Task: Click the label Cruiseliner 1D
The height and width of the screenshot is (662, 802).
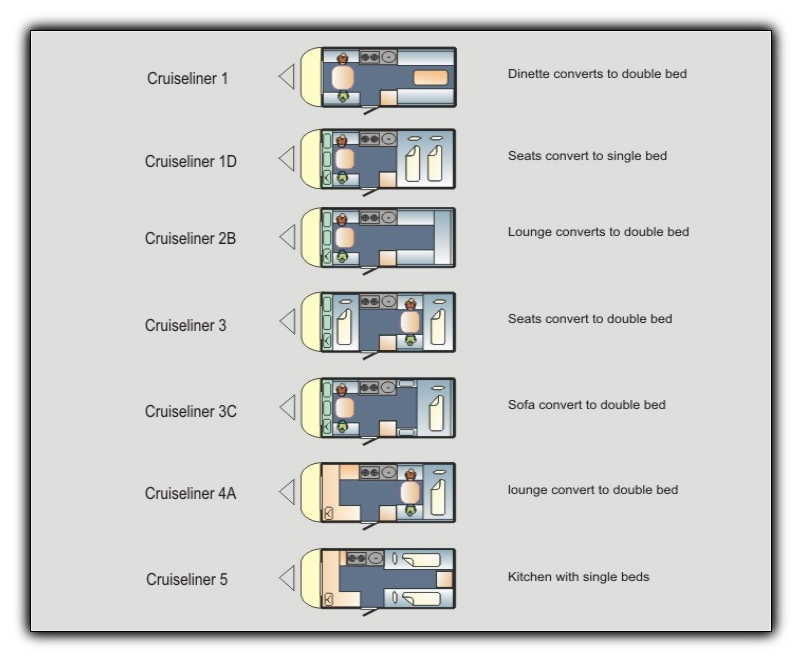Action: pos(190,161)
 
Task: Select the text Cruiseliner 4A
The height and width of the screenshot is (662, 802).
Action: pos(190,493)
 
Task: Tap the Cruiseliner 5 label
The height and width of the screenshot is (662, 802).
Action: pos(187,579)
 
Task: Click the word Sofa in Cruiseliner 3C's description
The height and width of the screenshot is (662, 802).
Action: pos(521,405)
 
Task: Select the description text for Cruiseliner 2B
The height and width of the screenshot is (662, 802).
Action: pos(598,232)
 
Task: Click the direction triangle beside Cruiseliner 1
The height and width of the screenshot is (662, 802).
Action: pos(287,77)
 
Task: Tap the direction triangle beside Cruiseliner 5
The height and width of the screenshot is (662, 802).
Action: pos(287,578)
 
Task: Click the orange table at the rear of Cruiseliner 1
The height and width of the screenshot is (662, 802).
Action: pos(430,78)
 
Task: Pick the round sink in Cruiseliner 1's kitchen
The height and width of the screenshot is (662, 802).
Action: pos(389,57)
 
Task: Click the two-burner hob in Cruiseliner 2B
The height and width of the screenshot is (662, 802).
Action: pos(369,218)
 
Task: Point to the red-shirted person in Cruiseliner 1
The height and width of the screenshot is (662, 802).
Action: pos(343,57)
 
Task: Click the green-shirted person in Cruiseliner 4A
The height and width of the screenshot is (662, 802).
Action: pos(410,510)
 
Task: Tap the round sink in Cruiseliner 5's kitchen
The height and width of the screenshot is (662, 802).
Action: pos(376,558)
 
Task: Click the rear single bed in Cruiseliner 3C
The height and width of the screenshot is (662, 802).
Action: pos(437,412)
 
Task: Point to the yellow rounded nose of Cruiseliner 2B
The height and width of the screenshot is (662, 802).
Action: pos(310,238)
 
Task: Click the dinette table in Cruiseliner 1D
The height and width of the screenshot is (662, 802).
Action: pos(344,159)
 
